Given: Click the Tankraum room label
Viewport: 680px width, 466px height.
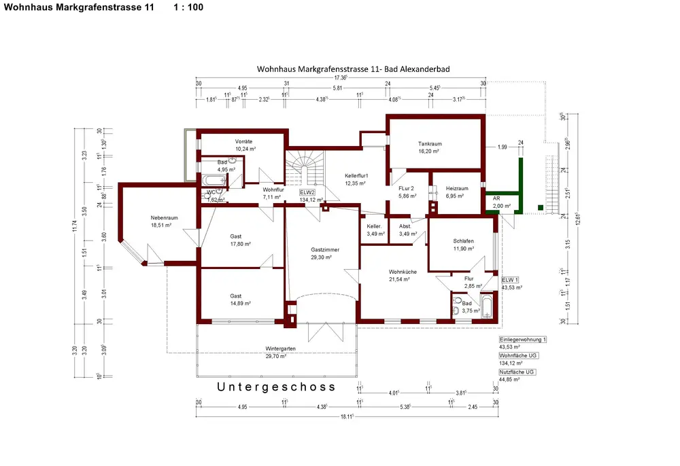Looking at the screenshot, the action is (x=430, y=143).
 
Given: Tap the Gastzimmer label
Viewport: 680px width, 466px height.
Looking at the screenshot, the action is (x=320, y=250).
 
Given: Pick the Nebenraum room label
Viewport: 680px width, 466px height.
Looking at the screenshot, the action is (x=163, y=217).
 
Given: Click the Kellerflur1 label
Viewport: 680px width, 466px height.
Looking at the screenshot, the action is (x=356, y=175).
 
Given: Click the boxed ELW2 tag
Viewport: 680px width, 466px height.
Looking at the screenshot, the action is (x=309, y=192).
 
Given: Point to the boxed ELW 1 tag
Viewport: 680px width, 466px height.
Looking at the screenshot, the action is (x=510, y=279).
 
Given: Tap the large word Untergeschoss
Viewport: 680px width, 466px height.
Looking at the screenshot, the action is (x=275, y=387).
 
